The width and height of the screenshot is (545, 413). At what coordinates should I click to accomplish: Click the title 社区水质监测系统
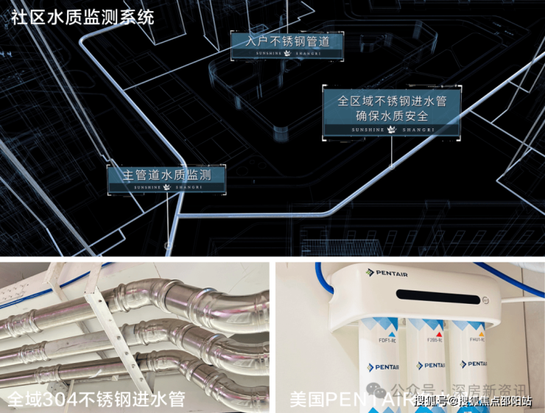tap(82, 16)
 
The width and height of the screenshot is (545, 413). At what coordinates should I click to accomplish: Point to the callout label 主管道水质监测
tap(166, 175)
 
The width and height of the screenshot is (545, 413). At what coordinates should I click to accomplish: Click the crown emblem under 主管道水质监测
tap(166, 188)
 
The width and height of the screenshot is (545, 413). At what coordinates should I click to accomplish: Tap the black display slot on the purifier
tap(436, 296)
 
